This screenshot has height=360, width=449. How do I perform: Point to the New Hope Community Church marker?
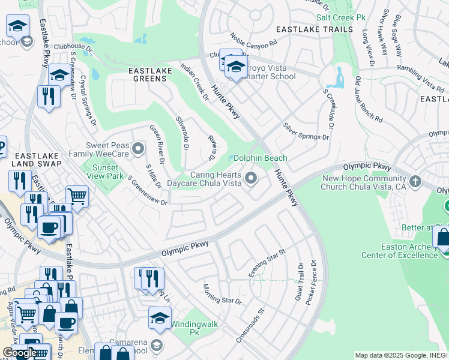415,181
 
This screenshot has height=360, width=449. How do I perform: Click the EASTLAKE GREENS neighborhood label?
151,71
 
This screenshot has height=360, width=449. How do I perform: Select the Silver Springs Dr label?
306,132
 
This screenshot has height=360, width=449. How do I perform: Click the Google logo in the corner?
19,353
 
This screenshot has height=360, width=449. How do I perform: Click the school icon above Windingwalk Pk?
160,317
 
